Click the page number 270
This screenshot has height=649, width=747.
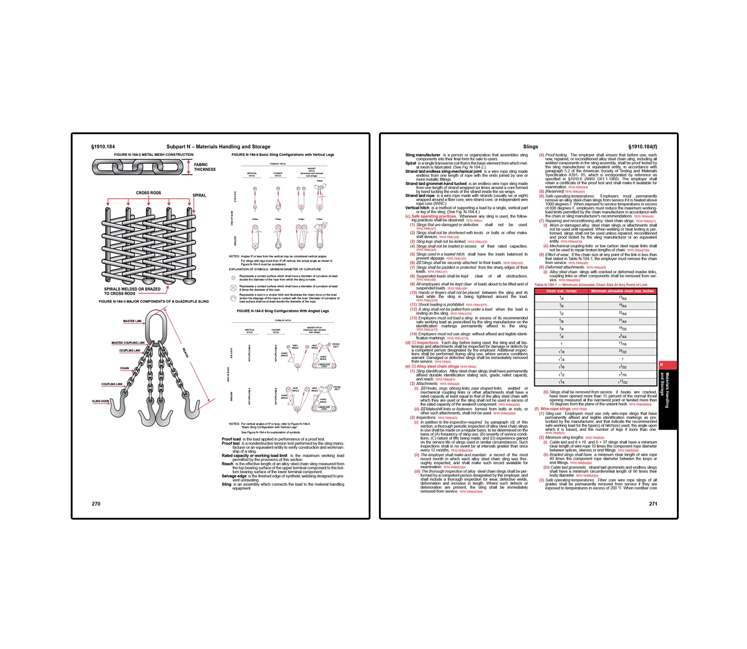tap(96, 503)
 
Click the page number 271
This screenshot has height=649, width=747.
tap(653, 503)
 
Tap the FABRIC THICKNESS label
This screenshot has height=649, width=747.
tap(204, 167)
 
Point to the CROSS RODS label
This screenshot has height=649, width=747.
tap(148, 193)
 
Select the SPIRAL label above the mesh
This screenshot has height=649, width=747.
tap(199, 195)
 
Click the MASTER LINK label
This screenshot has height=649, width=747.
tap(132, 321)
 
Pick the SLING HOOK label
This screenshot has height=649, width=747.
tap(100, 401)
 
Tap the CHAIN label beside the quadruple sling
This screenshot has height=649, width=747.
tap(124, 368)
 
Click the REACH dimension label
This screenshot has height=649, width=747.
tap(186, 352)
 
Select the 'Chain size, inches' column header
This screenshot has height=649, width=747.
tap(561, 291)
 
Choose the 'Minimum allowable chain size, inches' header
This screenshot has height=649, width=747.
tap(622, 291)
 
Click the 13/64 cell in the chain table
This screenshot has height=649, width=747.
tap(622, 298)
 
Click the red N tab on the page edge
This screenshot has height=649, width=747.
tap(662, 365)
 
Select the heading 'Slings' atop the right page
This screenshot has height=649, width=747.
tap(530, 146)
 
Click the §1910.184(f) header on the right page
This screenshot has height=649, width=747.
tap(642, 146)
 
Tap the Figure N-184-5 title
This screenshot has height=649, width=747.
tap(283, 311)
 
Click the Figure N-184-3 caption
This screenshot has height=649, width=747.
tap(154, 301)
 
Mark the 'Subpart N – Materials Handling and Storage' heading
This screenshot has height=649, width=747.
tap(218, 146)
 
